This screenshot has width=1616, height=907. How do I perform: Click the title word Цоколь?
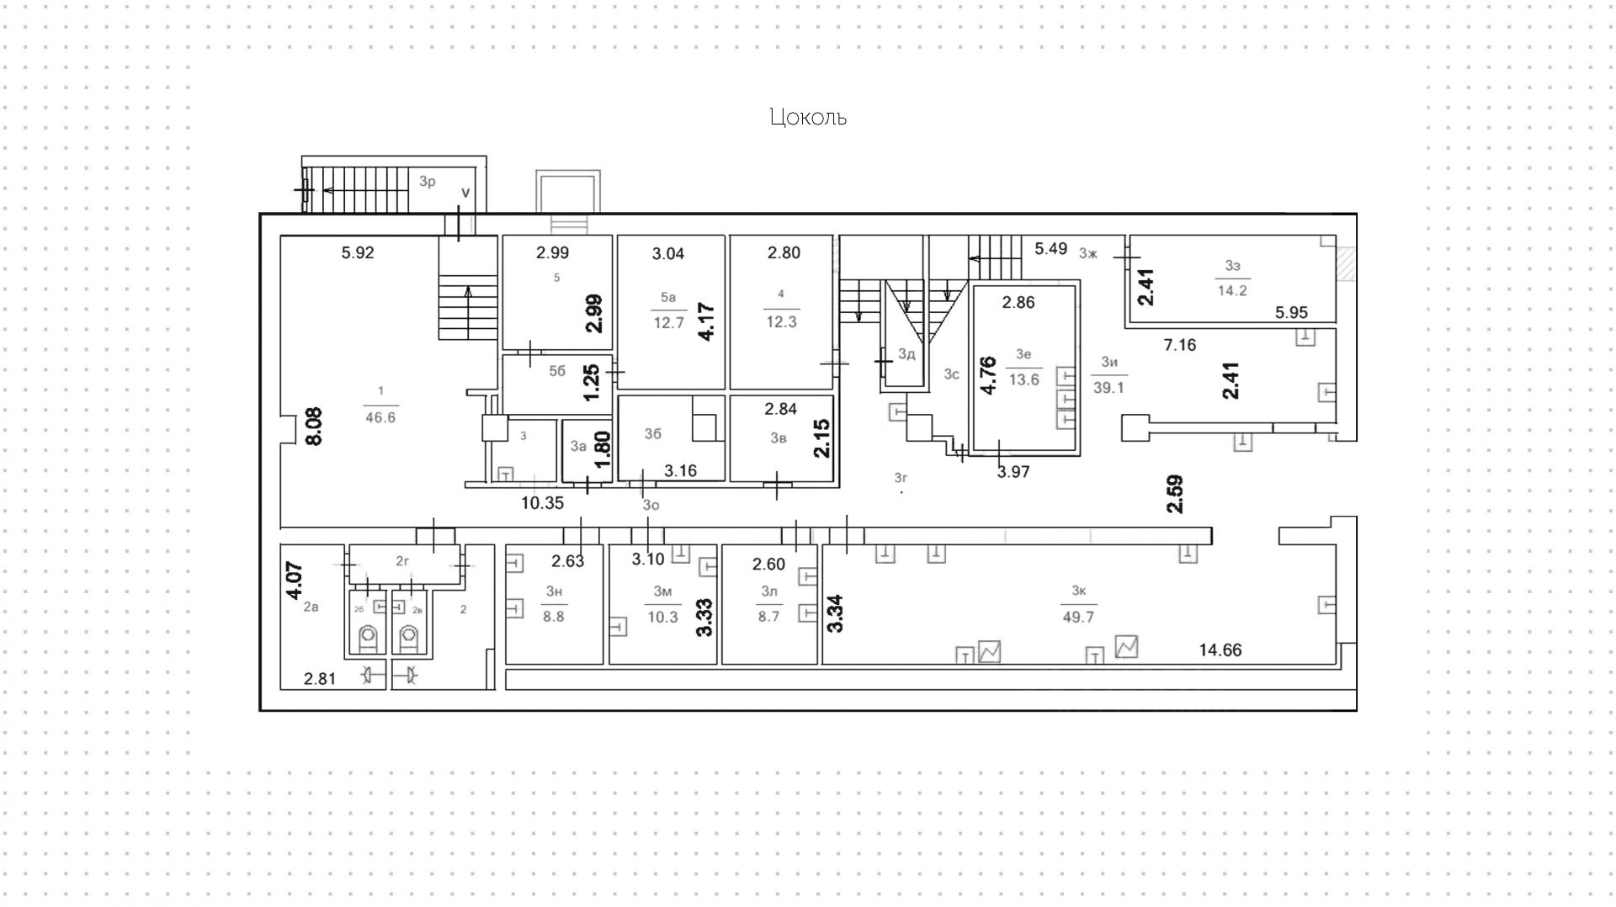(808, 117)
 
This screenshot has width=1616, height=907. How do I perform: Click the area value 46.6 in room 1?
(380, 417)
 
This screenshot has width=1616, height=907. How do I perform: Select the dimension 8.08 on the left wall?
(314, 427)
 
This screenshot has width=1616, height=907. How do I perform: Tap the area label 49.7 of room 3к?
(1078, 617)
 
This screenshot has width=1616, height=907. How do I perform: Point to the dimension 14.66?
(1220, 650)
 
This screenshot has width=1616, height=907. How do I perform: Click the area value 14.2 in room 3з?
(1232, 291)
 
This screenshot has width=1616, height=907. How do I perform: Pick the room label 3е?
(1023, 354)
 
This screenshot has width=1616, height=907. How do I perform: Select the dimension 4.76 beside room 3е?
(989, 375)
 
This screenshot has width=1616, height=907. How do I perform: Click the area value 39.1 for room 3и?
(1108, 388)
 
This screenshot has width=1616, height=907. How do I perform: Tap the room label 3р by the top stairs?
(428, 182)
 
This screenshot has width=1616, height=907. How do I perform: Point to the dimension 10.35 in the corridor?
(542, 503)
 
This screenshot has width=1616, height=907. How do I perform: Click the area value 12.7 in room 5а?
(668, 322)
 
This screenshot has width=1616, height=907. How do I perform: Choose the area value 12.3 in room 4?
(781, 321)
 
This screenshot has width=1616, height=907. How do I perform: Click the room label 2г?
(402, 560)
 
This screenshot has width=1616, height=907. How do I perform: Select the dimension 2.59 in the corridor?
(1175, 494)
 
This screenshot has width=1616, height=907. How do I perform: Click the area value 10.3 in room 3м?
(662, 617)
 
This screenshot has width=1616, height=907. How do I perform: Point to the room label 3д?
(906, 354)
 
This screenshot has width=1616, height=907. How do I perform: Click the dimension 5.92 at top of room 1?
(358, 252)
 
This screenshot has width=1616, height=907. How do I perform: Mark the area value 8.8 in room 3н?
(553, 616)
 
